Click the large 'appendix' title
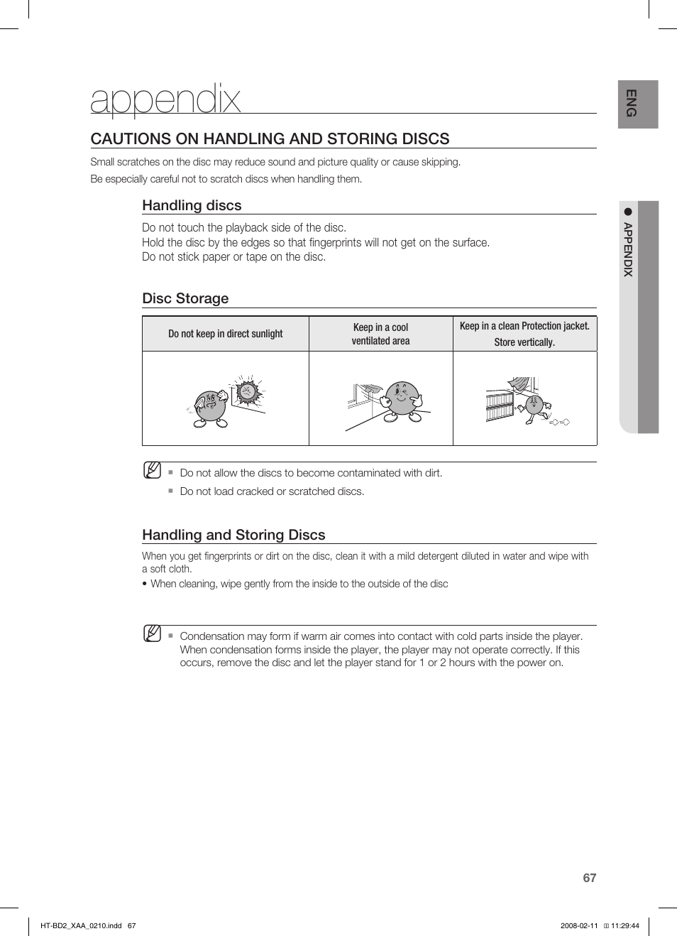tap(165, 99)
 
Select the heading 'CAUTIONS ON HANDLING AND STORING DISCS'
tap(270, 138)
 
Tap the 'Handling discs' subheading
tap(192, 205)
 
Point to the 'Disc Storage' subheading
tap(185, 298)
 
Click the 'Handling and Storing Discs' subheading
tap(233, 535)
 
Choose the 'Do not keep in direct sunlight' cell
tap(225, 334)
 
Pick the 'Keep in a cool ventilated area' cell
tap(380, 334)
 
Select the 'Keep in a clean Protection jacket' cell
tap(524, 334)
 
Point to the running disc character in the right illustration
tap(534, 408)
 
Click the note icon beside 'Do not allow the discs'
tap(152, 470)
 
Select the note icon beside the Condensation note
tap(152, 633)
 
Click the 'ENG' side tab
tap(631, 104)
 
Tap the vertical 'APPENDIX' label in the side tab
tap(628, 249)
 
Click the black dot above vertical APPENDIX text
tap(627, 212)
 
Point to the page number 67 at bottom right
tap(589, 878)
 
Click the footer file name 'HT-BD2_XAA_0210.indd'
tap(81, 925)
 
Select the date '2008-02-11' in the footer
tap(579, 925)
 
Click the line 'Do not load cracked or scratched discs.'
tap(272, 491)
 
